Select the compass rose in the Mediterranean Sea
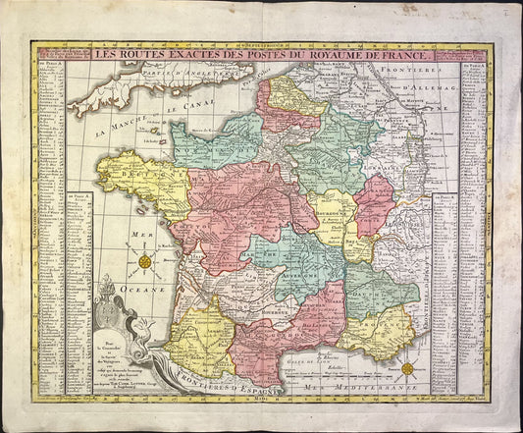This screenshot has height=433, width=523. (x=407, y=369)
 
